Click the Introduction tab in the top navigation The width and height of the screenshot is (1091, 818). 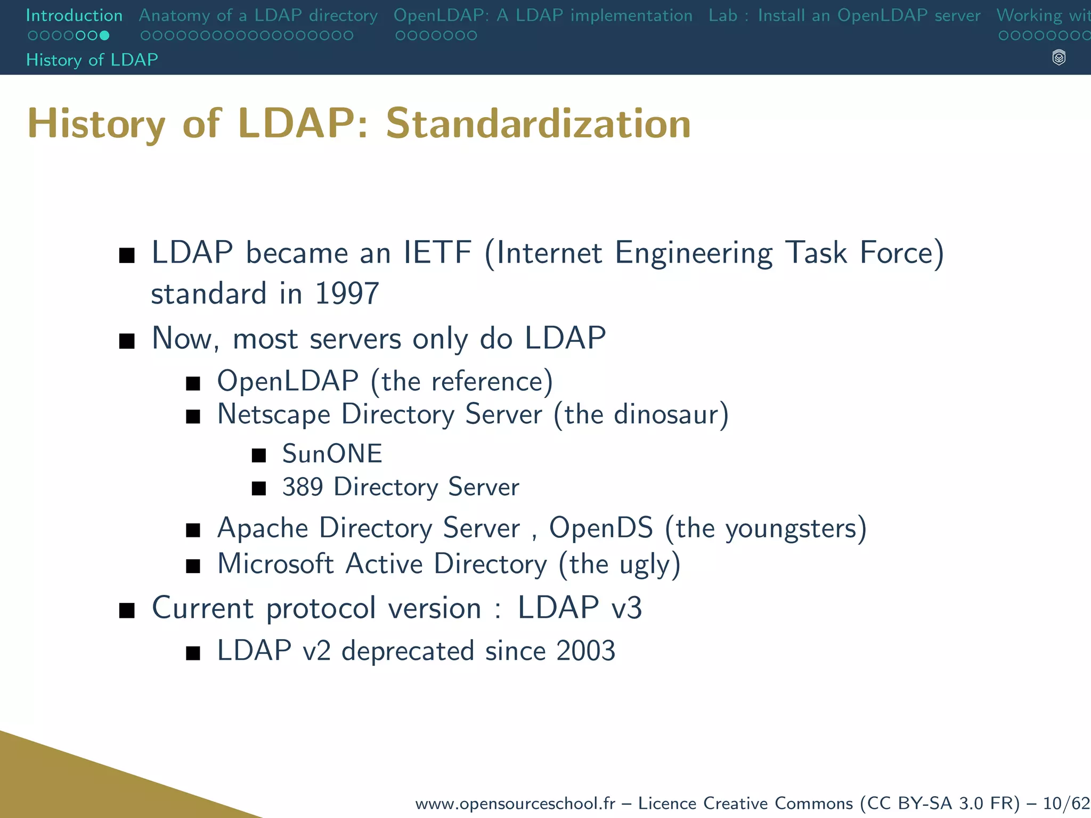coord(74,15)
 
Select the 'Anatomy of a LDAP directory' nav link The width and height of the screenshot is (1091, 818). coord(258,15)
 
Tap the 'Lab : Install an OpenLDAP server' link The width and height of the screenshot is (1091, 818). coord(844,15)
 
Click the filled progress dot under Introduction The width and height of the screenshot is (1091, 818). coord(104,36)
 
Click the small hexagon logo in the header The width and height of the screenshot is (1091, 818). coord(1059,58)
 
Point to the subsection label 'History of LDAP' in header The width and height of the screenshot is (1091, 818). coord(92,60)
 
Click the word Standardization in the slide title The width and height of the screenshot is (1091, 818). coord(538,124)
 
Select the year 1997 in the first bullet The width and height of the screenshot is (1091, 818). coord(347,293)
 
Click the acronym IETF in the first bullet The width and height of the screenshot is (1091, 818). coord(437,252)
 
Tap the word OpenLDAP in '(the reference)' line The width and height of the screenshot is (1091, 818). coord(288,381)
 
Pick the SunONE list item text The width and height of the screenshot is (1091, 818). coord(332,454)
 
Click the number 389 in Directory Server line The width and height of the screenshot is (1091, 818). coord(303,487)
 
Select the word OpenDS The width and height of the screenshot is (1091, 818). coord(601,528)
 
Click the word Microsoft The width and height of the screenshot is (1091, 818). coord(275,564)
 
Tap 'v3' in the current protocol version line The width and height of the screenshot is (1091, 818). coord(626,608)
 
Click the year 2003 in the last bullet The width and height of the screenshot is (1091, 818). coord(585,651)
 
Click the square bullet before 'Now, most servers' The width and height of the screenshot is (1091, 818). coord(127,340)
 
